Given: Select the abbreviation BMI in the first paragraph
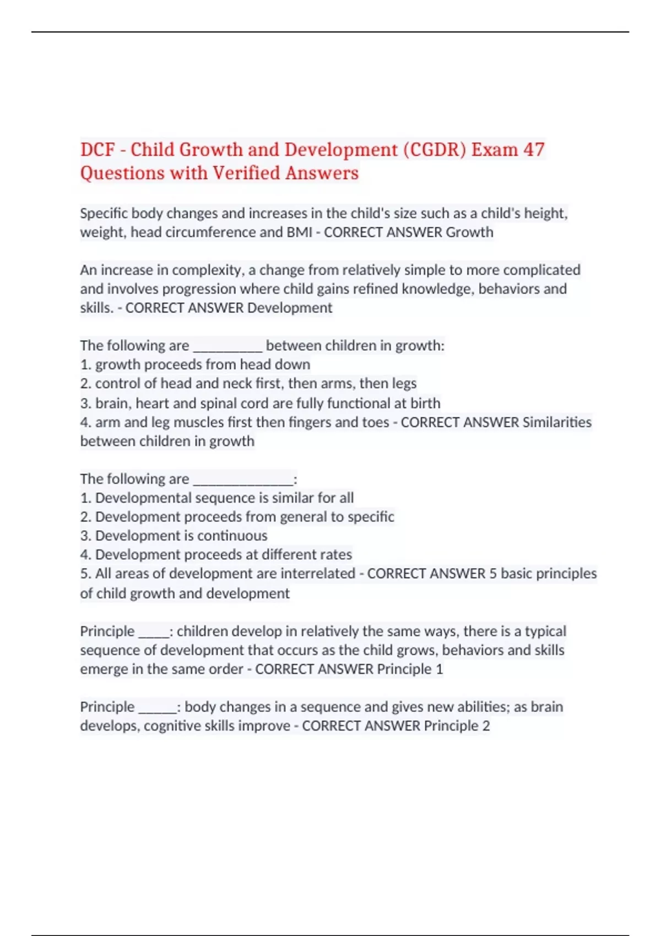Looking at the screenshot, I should [x=299, y=232].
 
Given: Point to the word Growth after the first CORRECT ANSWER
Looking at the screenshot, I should [x=469, y=232].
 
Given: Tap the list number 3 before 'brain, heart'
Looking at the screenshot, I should [x=85, y=404].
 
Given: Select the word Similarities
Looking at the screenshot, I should [x=557, y=422].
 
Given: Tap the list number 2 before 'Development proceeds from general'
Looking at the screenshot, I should [x=85, y=517].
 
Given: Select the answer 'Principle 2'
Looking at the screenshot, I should [x=457, y=726].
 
